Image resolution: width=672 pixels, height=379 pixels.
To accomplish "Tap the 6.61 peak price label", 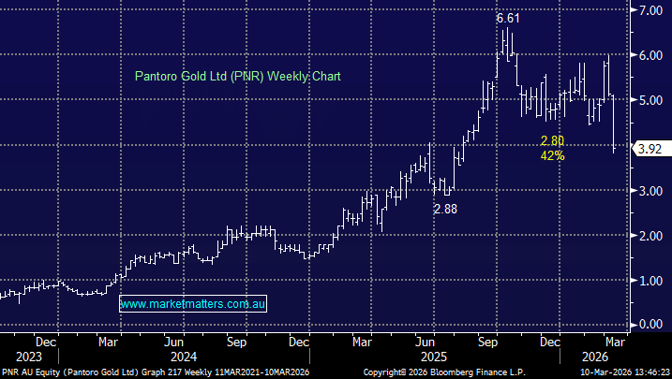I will (x=507, y=18).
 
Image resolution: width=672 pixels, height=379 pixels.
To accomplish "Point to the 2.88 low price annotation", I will (x=445, y=209).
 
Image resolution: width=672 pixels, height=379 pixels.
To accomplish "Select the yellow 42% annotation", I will (x=551, y=155).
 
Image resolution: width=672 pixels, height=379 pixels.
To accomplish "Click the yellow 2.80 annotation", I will (x=551, y=140).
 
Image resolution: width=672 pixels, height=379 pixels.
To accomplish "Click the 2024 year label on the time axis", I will (x=183, y=357).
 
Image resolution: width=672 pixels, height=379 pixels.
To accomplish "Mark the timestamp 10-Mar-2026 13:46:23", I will (x=619, y=372).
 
